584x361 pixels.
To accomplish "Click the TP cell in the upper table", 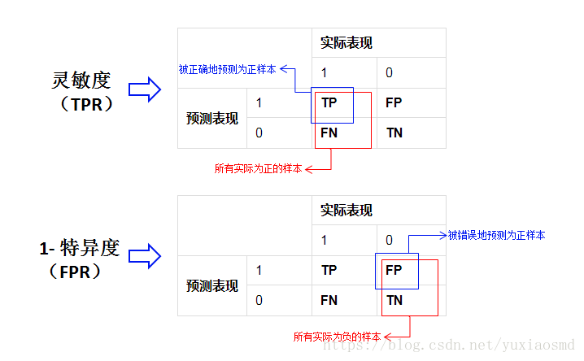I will (329, 103).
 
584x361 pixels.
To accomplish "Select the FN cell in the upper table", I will (329, 133).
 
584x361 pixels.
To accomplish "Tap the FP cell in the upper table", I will (393, 103).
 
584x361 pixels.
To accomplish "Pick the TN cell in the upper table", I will (394, 133).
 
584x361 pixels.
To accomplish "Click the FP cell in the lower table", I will (394, 270).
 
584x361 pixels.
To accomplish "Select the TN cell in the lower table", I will (394, 300).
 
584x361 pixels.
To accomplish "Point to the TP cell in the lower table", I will (329, 270).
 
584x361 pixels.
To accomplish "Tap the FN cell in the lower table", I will (329, 300).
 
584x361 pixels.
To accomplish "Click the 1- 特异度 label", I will (79, 248).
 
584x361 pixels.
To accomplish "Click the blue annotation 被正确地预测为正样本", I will (227, 70).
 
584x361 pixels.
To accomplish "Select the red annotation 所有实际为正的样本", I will (258, 169).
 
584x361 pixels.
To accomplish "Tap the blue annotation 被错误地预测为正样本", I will (496, 236).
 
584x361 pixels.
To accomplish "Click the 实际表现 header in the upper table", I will (346, 43).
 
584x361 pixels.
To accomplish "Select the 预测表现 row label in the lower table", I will (211, 285).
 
